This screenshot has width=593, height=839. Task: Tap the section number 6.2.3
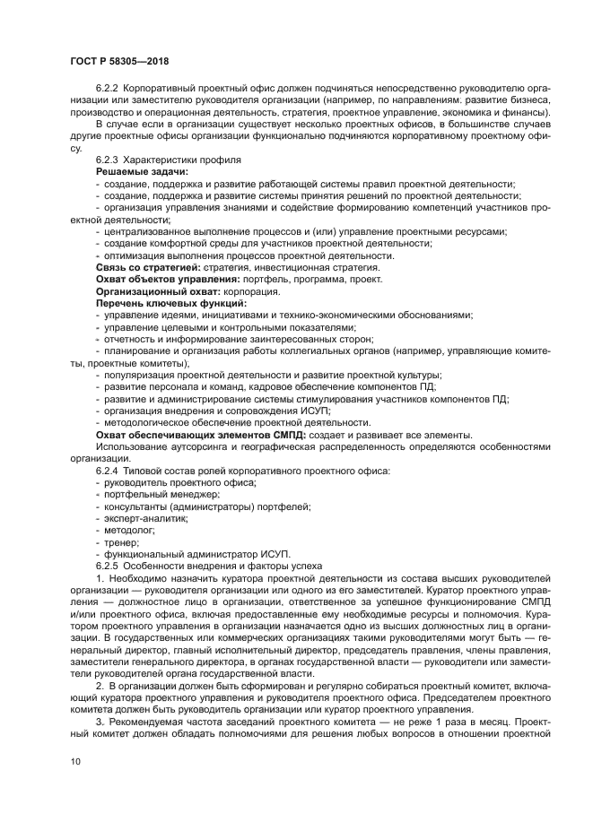pos(109,159)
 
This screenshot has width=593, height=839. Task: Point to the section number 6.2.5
pos(109,567)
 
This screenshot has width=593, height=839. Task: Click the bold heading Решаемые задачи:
pos(142,170)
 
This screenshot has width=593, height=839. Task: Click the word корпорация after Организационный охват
pos(254,292)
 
